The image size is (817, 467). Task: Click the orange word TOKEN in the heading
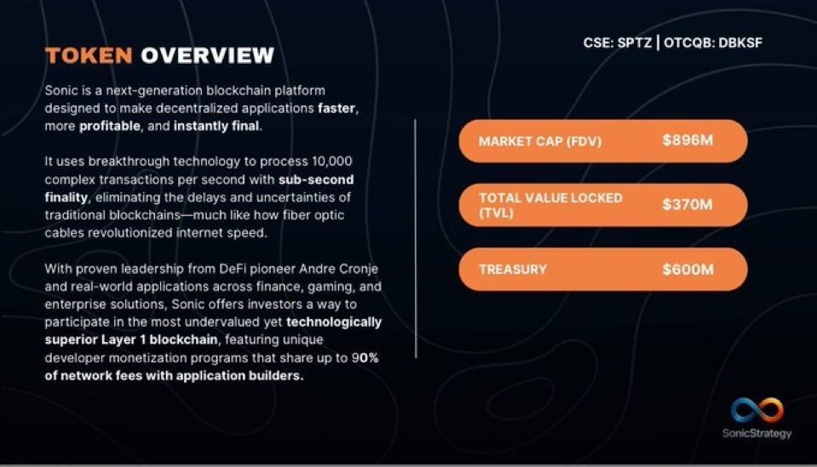coord(89,56)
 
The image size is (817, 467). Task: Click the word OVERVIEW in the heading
coord(207,56)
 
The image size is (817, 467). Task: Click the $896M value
coord(688,140)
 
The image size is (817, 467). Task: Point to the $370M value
coord(688,204)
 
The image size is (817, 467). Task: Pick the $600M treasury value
coord(688,269)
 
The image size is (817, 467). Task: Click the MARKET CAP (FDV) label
coord(540,141)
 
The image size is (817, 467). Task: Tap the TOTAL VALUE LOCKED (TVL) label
coord(550,204)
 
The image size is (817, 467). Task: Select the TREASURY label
coord(513,270)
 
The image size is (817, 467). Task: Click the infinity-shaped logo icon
coord(757,411)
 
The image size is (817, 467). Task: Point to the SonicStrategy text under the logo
coord(757,434)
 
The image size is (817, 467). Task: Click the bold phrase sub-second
coord(316,179)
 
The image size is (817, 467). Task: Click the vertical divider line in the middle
coord(415,238)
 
